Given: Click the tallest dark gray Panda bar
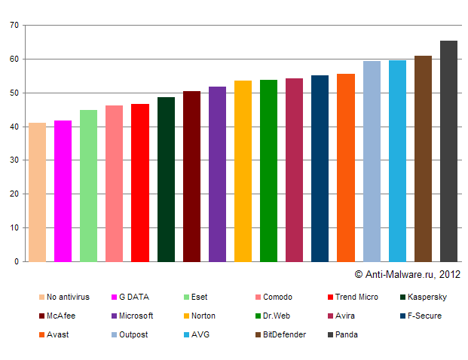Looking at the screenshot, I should click(448, 151).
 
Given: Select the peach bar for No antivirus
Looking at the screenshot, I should click(37, 192).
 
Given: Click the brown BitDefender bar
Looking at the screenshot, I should click(423, 158).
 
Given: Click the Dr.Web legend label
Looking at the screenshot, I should click(277, 316).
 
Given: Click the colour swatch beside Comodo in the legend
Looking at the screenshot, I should click(258, 297).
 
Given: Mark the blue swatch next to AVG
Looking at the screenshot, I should click(185, 334).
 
